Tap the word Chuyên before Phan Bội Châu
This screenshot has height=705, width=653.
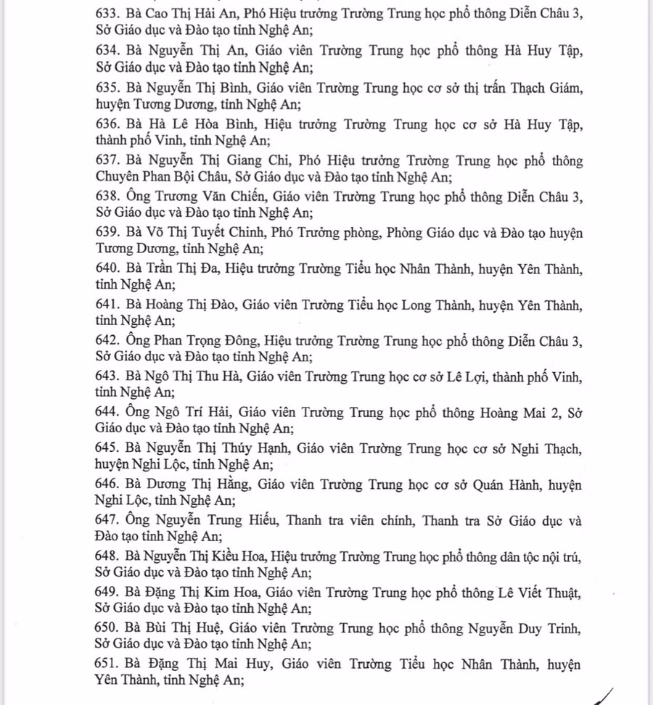click(x=118, y=176)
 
